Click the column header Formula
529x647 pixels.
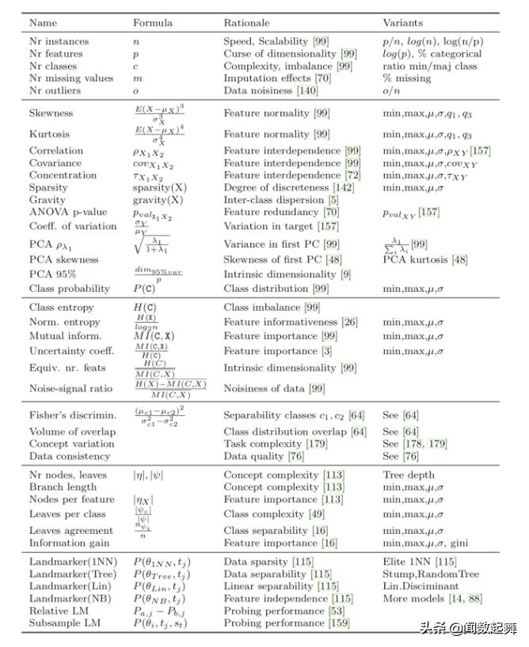152,24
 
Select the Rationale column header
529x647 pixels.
246,24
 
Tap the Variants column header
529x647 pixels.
403,24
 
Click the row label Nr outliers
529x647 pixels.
56,91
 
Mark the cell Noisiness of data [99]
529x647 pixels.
274,388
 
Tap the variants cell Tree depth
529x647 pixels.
409,475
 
